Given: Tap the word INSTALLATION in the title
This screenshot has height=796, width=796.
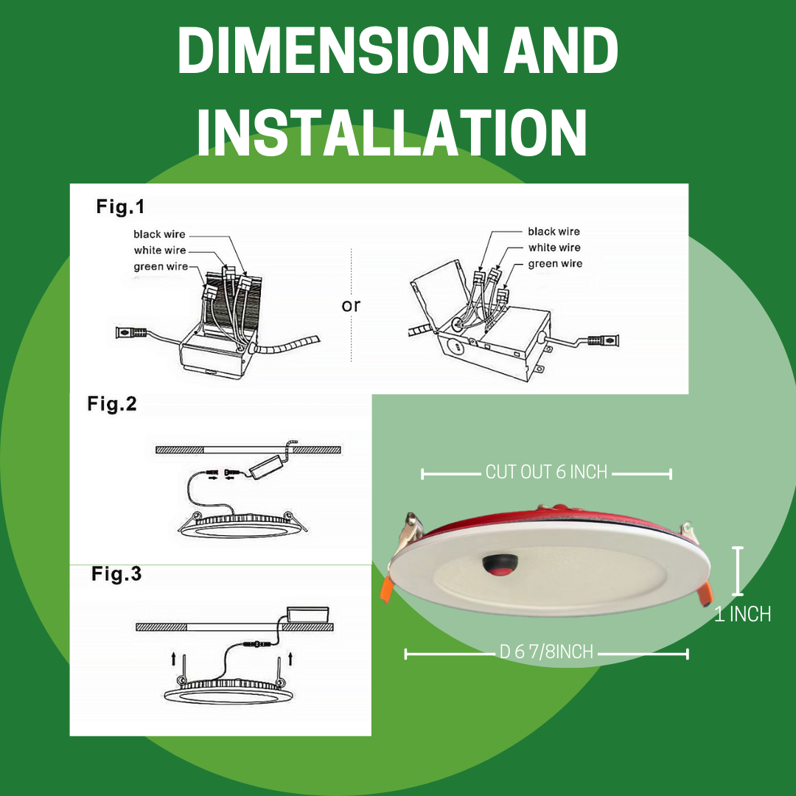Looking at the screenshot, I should [x=391, y=133].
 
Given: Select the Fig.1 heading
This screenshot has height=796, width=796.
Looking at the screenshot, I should [x=120, y=207].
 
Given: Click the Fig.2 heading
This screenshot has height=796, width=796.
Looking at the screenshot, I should [x=112, y=404].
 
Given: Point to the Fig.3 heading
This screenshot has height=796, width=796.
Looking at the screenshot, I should [x=116, y=574].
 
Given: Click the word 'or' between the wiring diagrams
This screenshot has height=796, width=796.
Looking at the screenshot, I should [x=352, y=305].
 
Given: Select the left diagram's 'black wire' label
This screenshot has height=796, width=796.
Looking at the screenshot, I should [x=159, y=234].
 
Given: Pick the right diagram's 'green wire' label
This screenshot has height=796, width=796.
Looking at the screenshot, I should [x=555, y=264].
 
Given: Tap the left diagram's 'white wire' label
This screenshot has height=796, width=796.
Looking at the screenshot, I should [x=160, y=251].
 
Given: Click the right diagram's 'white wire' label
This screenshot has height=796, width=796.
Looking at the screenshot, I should [x=554, y=248].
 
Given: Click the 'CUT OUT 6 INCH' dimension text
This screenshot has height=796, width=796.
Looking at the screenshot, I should [x=546, y=472].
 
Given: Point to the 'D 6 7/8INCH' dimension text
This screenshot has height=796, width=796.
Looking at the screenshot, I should [x=546, y=652].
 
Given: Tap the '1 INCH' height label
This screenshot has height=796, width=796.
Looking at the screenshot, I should [x=742, y=614].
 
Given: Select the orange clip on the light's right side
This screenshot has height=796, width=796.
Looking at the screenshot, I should [x=705, y=590].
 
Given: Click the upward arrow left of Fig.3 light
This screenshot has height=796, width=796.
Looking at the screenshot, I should [x=172, y=658].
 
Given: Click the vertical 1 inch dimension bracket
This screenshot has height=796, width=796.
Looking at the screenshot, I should [x=737, y=570].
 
